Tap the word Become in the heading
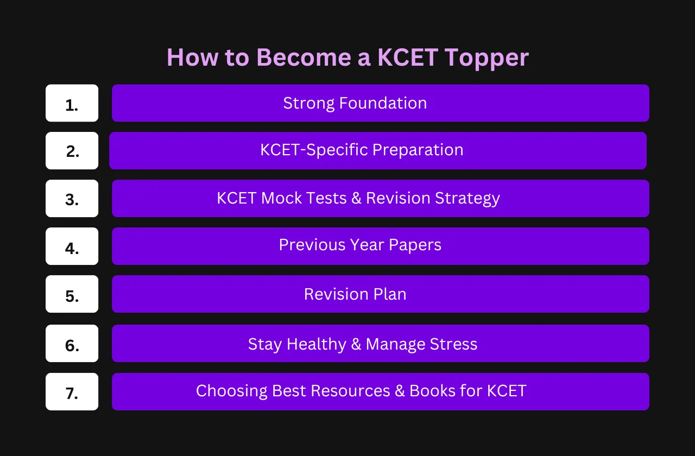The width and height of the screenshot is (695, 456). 304,58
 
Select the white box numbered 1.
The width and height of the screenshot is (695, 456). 72,103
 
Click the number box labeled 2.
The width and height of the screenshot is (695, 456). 72,151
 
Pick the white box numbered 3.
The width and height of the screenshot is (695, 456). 72,199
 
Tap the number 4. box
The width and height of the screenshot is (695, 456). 72,246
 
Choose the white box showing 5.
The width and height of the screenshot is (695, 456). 72,294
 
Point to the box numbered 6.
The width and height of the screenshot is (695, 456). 72,344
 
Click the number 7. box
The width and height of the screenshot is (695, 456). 72,392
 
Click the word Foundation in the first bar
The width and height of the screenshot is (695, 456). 383,103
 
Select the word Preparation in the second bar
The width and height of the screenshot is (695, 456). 418,150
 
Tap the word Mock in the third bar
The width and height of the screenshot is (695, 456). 281,198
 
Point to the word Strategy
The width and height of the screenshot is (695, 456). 467,199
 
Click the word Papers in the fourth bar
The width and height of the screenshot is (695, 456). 415,245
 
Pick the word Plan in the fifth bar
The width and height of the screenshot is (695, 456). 390,294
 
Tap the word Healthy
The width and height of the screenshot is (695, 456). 317,344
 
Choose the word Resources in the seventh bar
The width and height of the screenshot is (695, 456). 350,391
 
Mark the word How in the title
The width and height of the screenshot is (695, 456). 193,58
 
